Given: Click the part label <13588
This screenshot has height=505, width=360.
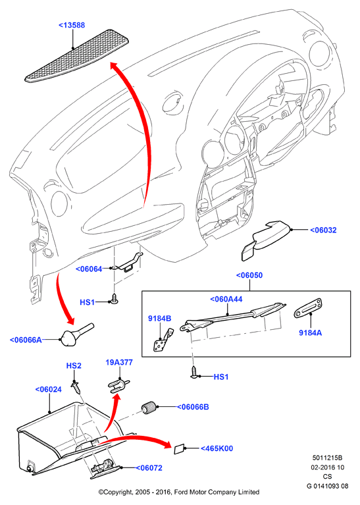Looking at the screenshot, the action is click(72, 25).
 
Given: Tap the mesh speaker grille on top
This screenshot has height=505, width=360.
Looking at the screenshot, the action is click(77, 56).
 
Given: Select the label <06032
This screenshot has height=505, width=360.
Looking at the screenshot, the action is click(323, 230).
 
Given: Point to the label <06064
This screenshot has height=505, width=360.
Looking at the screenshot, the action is click(89, 269).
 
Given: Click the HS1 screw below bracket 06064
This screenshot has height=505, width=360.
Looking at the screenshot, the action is click(115, 298).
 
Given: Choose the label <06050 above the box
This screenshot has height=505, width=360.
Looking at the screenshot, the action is click(249, 275).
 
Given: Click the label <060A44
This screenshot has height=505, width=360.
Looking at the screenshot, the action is click(226, 299).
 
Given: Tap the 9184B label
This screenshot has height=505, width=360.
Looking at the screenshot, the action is click(160, 319).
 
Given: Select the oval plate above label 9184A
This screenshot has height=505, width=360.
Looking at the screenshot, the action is click(309, 308).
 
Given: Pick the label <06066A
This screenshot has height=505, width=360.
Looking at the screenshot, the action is click(26, 340).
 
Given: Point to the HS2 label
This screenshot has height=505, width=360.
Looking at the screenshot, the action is click(74, 366).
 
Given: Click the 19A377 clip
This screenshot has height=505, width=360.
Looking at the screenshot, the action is click(118, 385).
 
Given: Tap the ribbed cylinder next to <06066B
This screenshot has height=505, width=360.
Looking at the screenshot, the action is click(149, 408).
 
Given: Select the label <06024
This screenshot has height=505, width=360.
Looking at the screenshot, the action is click(48, 389).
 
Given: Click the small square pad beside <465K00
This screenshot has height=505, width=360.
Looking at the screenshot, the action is click(179, 449).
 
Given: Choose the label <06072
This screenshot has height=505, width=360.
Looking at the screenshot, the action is click(149, 468).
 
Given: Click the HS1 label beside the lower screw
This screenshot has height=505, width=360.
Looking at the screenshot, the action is click(221, 377).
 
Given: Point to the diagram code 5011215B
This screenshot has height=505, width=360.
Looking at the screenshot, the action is click(327, 458).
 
